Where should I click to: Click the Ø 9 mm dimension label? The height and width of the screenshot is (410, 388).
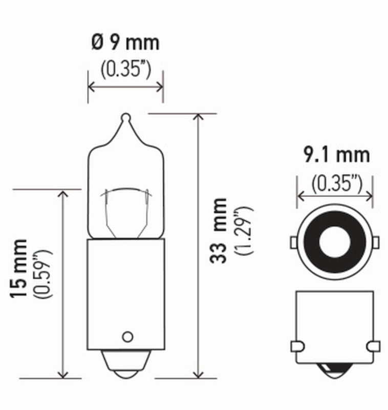(125, 43)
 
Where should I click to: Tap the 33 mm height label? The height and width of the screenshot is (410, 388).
(219, 230)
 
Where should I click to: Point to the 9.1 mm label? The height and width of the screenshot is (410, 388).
(336, 154)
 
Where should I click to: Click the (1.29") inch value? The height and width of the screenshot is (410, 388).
(245, 230)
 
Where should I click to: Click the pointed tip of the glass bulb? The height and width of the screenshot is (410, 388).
(126, 117)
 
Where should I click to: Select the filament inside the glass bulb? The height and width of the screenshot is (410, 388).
(126, 192)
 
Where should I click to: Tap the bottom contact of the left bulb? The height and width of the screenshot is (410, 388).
(126, 369)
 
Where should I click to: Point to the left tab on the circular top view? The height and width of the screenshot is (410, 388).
(294, 241)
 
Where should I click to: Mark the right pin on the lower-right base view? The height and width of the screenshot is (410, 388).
(375, 346)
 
